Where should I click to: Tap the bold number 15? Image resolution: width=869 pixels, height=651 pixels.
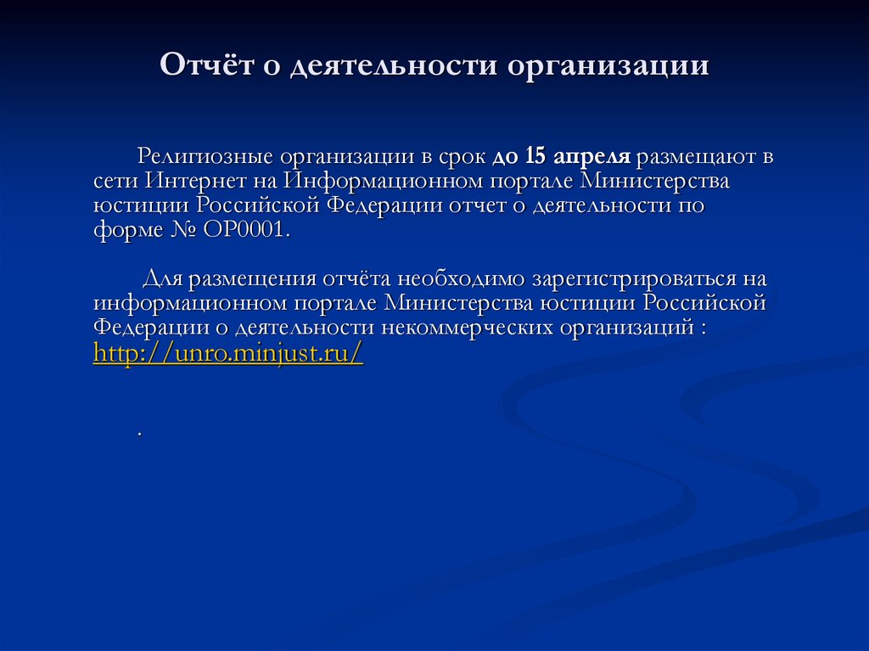(535, 157)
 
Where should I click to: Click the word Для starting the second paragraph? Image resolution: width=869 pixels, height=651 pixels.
(160, 280)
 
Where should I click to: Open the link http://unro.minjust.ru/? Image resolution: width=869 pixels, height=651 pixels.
(227, 354)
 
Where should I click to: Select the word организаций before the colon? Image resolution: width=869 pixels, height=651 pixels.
(625, 328)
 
